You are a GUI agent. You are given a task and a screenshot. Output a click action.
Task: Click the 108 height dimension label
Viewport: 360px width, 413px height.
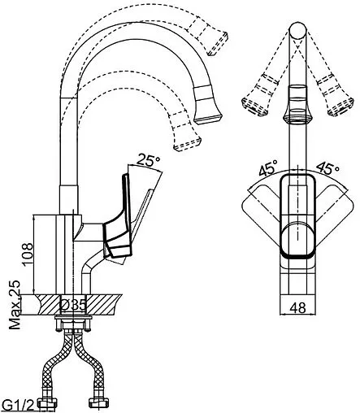tap(28, 255)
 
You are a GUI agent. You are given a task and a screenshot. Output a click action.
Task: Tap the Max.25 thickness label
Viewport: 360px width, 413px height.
tap(15, 305)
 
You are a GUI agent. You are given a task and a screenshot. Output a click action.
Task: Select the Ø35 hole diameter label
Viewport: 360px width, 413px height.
tap(73, 305)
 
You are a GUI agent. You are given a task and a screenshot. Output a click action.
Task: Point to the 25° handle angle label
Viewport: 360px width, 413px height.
tap(148, 160)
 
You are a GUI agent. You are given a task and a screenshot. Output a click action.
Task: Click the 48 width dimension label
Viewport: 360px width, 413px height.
tap(297, 308)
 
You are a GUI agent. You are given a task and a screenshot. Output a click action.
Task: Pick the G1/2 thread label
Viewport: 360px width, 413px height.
tap(18, 406)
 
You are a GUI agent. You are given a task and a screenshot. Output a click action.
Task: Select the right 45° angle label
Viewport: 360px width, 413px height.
tap(327, 168)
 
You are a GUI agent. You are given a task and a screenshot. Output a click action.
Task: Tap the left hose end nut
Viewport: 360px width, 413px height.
tap(48, 402)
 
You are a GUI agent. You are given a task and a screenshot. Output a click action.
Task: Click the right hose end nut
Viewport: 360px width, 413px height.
tap(99, 402)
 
